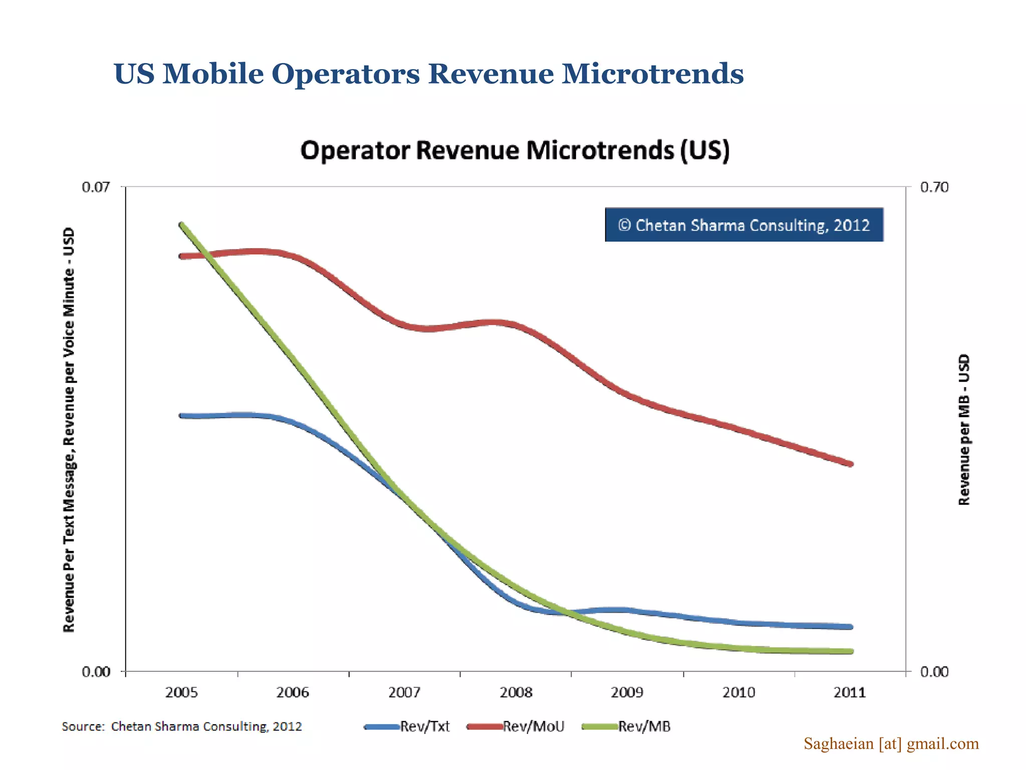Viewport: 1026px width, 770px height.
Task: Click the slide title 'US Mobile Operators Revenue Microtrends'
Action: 428,74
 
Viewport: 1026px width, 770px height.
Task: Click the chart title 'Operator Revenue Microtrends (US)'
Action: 515,150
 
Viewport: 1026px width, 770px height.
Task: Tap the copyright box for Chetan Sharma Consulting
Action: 743,225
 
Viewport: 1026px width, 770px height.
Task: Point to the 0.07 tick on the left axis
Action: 95,187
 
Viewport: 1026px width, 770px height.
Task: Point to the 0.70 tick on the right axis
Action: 934,187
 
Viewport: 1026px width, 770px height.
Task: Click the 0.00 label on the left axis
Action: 95,672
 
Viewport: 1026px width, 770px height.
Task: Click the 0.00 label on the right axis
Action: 934,672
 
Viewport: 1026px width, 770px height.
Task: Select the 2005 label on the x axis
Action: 181,693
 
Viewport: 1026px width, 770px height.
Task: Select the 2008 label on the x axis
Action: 516,693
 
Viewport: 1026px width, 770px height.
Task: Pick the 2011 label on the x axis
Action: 849,693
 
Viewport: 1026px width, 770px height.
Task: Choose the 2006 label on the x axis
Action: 293,693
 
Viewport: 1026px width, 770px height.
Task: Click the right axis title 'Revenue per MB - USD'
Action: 964,430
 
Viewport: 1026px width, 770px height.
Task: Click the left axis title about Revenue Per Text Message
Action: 69,430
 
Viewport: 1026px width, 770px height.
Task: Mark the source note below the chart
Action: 181,726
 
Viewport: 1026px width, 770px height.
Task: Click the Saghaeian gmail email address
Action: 891,743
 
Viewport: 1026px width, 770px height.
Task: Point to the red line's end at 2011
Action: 850,464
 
